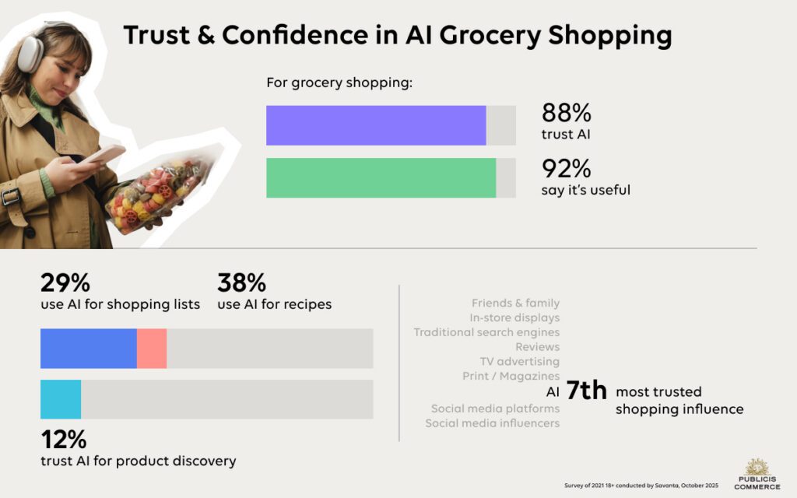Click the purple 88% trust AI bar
pyautogui.click(x=376, y=125)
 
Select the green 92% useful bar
pyautogui.click(x=381, y=177)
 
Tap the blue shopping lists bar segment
pyautogui.click(x=88, y=348)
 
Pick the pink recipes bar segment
pyautogui.click(x=152, y=348)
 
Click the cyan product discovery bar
pyautogui.click(x=61, y=399)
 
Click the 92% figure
pyautogui.click(x=567, y=168)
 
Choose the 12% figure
pyautogui.click(x=63, y=440)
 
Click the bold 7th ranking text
pyautogui.click(x=585, y=391)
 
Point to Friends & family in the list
pyautogui.click(x=515, y=303)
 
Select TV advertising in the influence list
pyautogui.click(x=519, y=361)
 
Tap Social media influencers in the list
pyautogui.click(x=492, y=423)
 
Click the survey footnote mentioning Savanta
pyautogui.click(x=642, y=486)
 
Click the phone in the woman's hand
pyautogui.click(x=103, y=153)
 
